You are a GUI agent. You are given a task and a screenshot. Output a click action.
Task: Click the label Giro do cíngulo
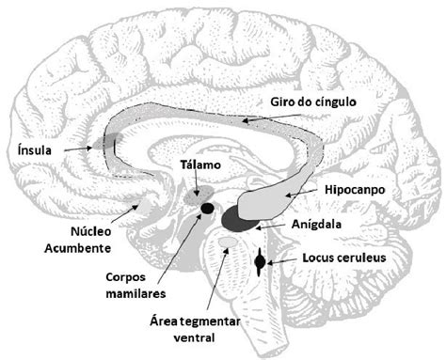pos(313,102)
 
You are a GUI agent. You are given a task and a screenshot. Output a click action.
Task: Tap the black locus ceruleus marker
pos(261,260)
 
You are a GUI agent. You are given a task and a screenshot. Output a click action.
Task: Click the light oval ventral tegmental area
pos(227,246)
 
